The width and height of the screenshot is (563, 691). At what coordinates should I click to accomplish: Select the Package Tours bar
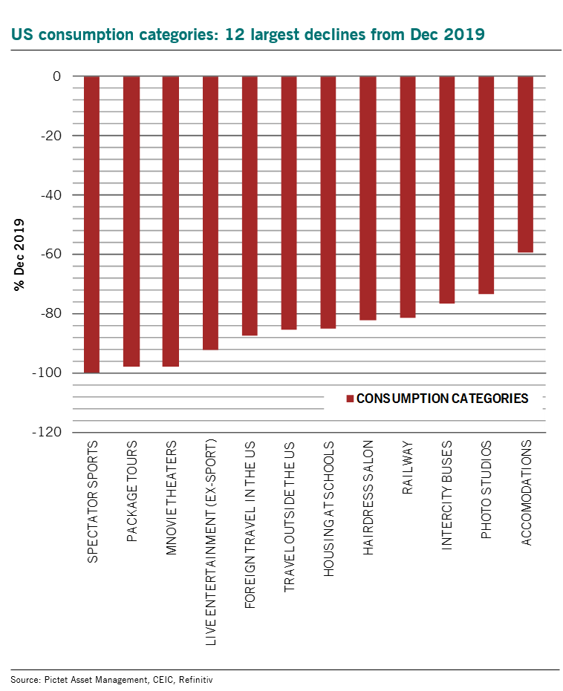[131, 221]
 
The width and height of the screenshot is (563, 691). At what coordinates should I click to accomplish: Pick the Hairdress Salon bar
[368, 198]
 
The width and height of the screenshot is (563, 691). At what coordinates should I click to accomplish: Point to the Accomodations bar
[525, 164]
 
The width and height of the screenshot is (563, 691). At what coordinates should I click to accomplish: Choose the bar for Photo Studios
[486, 185]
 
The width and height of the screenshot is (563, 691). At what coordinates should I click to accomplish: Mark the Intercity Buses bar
[446, 189]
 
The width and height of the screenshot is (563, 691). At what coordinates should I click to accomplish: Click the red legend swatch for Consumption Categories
[350, 399]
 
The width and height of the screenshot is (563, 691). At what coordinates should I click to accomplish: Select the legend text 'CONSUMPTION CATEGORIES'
[443, 399]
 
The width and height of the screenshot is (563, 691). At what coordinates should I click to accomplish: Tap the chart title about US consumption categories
[247, 34]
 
